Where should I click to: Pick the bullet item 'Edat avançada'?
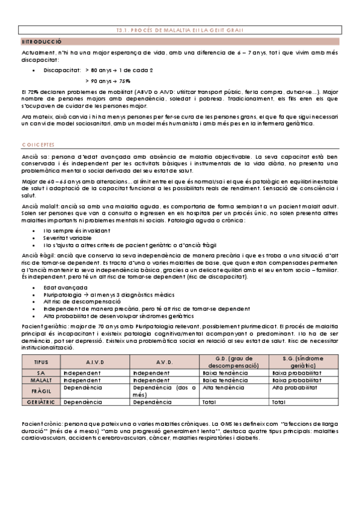(x=61, y=288)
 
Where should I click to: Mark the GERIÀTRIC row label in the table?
(x=40, y=401)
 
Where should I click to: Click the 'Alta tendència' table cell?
(x=224, y=388)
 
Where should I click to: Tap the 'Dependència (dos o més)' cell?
(x=163, y=392)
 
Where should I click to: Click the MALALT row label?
(x=40, y=380)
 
